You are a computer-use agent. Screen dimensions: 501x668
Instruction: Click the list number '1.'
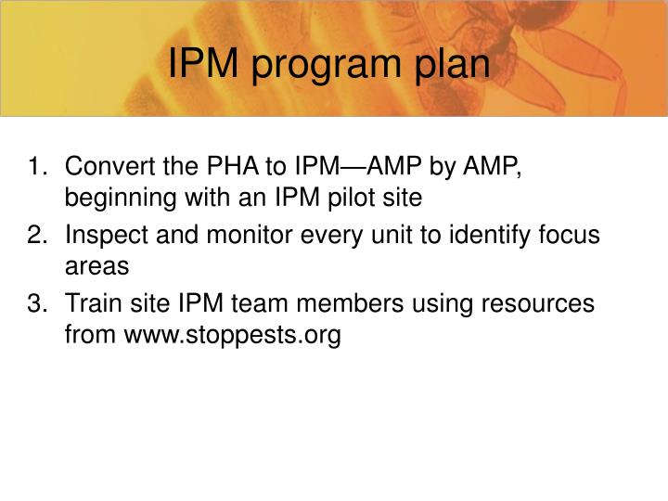click(x=39, y=168)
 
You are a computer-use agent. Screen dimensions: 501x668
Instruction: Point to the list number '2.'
click(x=39, y=236)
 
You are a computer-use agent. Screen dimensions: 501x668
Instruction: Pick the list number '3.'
click(x=39, y=303)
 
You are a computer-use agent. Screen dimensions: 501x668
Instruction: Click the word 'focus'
click(x=574, y=236)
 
